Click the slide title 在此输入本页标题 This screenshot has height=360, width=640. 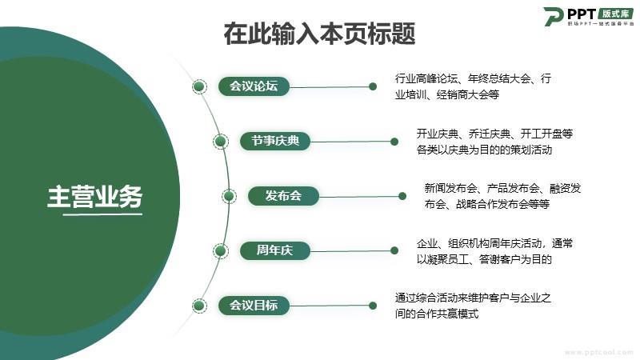point(319,34)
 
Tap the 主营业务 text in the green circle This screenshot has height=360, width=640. point(94,197)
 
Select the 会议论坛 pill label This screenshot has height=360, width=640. point(254,86)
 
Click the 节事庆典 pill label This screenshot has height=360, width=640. point(275,141)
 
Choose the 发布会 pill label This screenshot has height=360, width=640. point(283,195)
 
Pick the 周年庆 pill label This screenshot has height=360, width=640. point(274,250)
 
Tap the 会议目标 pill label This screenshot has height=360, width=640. point(254,306)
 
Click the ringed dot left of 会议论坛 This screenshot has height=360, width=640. point(199,86)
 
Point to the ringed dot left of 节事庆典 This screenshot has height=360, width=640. point(221,142)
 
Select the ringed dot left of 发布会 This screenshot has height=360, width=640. point(229,196)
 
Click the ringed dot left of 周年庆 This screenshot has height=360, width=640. point(221,250)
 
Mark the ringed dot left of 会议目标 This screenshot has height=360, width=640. point(199,306)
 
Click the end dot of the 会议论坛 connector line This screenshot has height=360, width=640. point(373,86)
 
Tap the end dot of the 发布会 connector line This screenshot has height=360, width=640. point(402,196)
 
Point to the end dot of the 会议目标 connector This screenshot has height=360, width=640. point(373,306)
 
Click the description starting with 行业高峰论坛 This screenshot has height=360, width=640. point(473,86)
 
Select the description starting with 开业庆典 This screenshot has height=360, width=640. point(494,142)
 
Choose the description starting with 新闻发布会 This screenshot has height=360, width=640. point(502,196)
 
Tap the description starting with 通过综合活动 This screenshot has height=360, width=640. point(473,306)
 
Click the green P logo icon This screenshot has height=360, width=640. point(554,17)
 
